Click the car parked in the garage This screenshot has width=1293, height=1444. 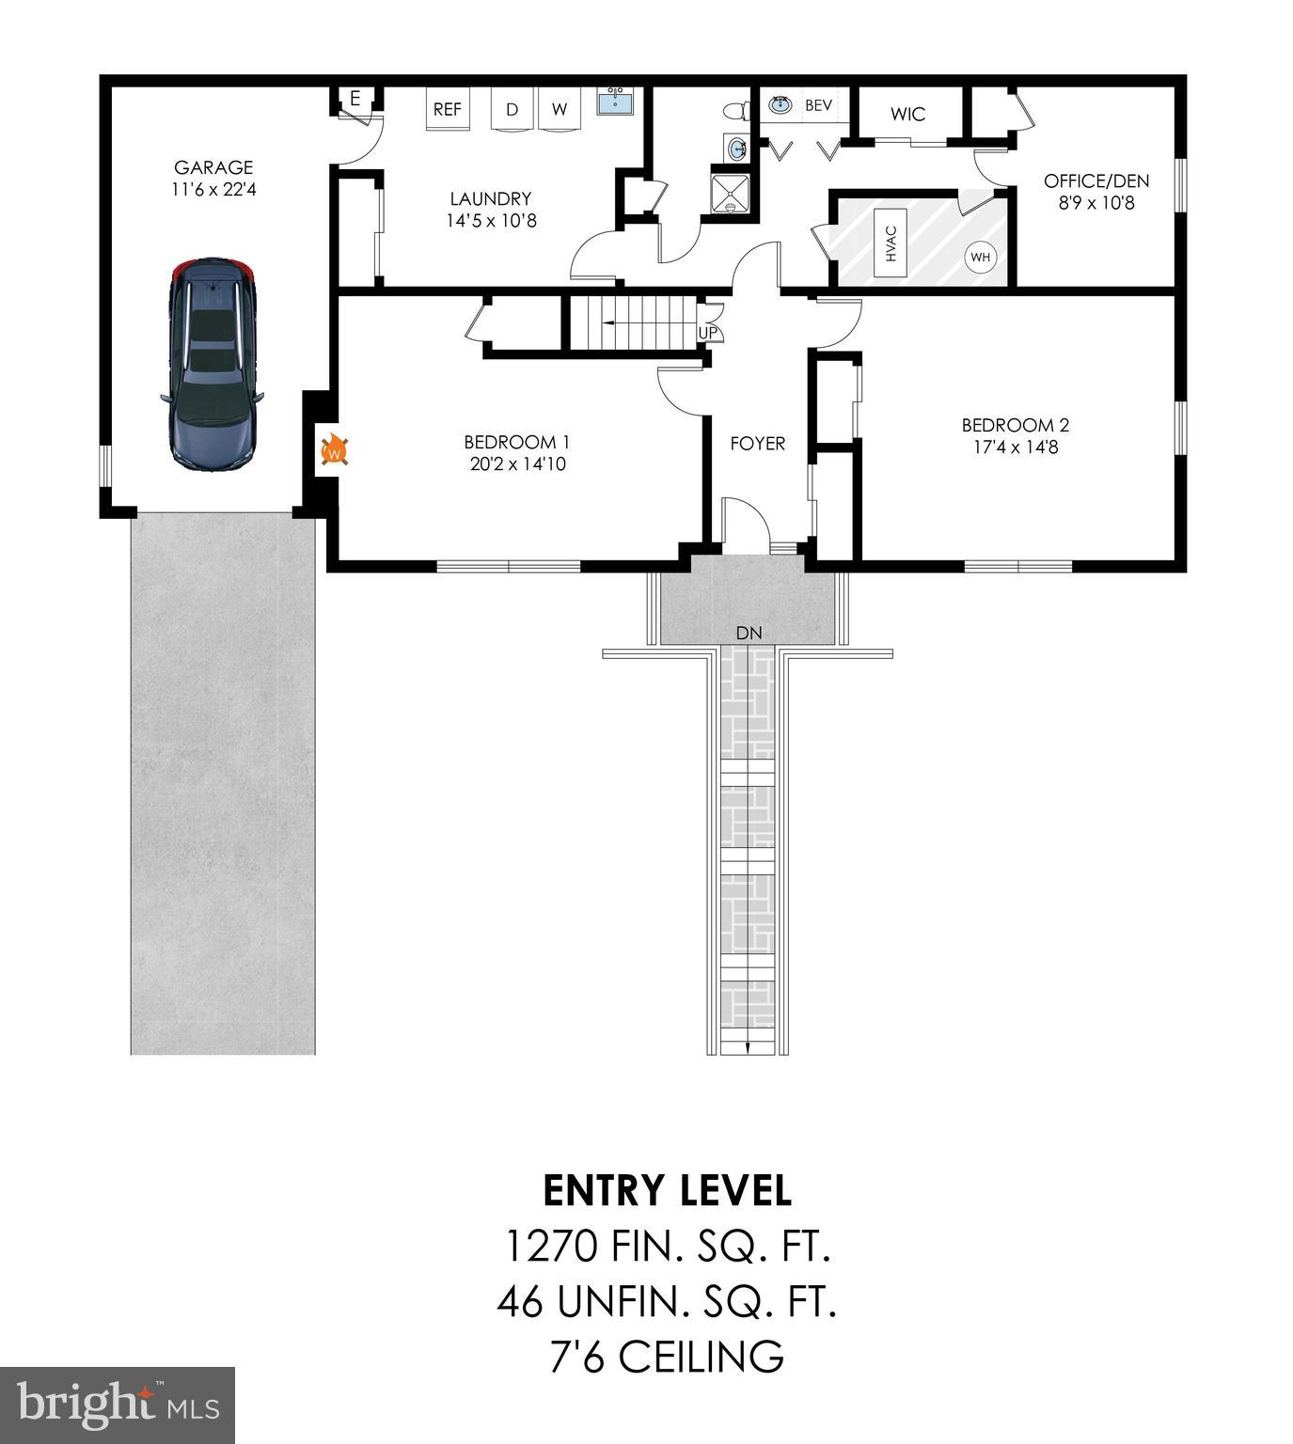click(212, 362)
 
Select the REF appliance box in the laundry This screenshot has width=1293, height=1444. click(448, 109)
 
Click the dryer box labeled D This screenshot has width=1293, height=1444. click(512, 110)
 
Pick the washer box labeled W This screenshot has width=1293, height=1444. click(560, 110)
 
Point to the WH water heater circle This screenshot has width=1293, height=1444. click(980, 257)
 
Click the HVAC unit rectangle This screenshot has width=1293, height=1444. click(891, 244)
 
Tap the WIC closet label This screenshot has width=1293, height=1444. click(907, 115)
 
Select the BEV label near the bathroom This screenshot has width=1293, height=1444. click(818, 105)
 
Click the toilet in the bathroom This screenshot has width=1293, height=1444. click(736, 110)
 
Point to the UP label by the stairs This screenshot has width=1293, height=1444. click(707, 333)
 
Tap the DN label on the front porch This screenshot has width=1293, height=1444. click(749, 633)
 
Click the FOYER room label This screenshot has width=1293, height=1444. click(757, 443)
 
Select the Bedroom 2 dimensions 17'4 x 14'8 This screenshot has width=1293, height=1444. click(1015, 447)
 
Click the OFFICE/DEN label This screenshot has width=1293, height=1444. click(1096, 181)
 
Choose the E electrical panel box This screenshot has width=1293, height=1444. click(355, 99)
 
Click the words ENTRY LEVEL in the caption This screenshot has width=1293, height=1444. click(668, 1190)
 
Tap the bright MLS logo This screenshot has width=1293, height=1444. click(118, 1405)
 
